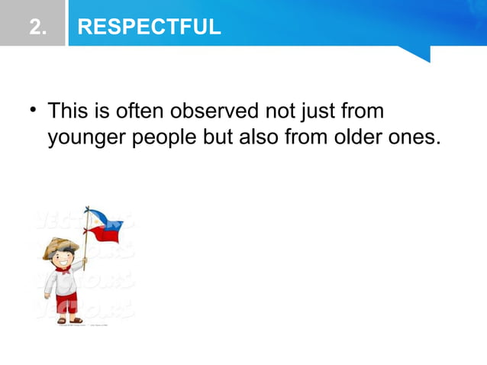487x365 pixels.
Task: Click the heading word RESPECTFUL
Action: pyautogui.click(x=150, y=28)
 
